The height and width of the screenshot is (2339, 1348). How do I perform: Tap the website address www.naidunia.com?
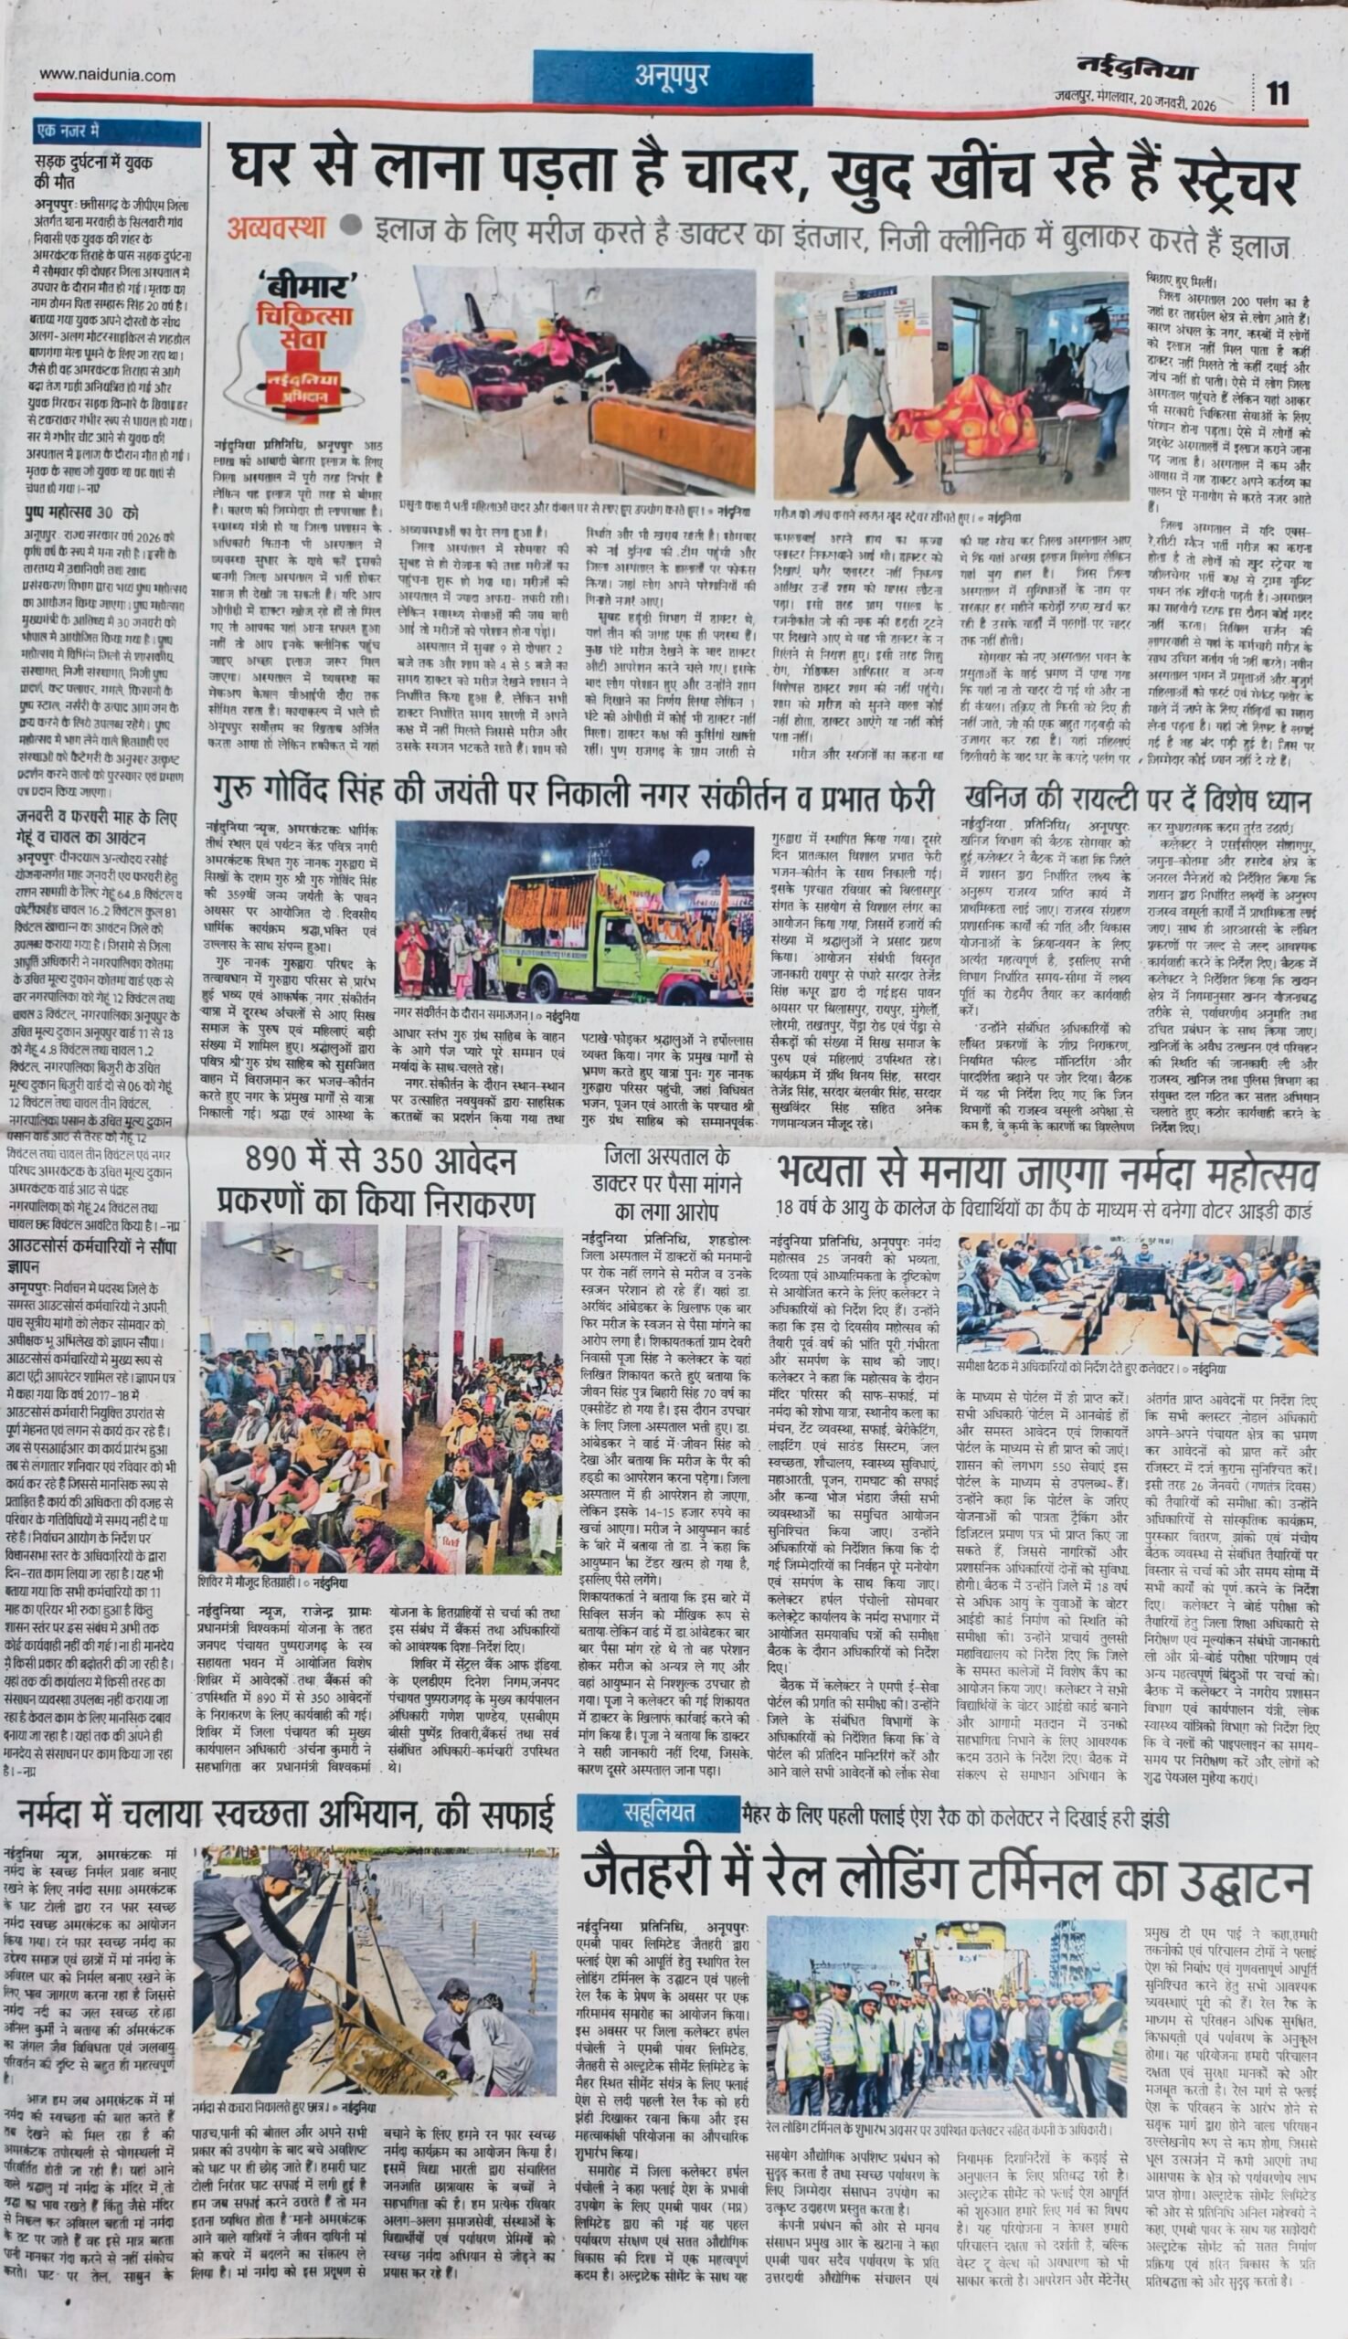pyautogui.click(x=107, y=76)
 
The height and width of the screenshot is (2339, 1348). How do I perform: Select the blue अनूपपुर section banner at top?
pyautogui.click(x=672, y=76)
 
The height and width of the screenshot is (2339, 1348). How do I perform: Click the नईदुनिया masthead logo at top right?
pyautogui.click(x=1136, y=69)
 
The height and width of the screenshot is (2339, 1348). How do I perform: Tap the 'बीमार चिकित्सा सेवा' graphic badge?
pyautogui.click(x=304, y=338)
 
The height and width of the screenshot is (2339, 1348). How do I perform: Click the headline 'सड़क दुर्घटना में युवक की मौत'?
pyautogui.click(x=92, y=170)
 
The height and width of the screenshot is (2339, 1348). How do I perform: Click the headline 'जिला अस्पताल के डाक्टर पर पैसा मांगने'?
pyautogui.click(x=666, y=1184)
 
